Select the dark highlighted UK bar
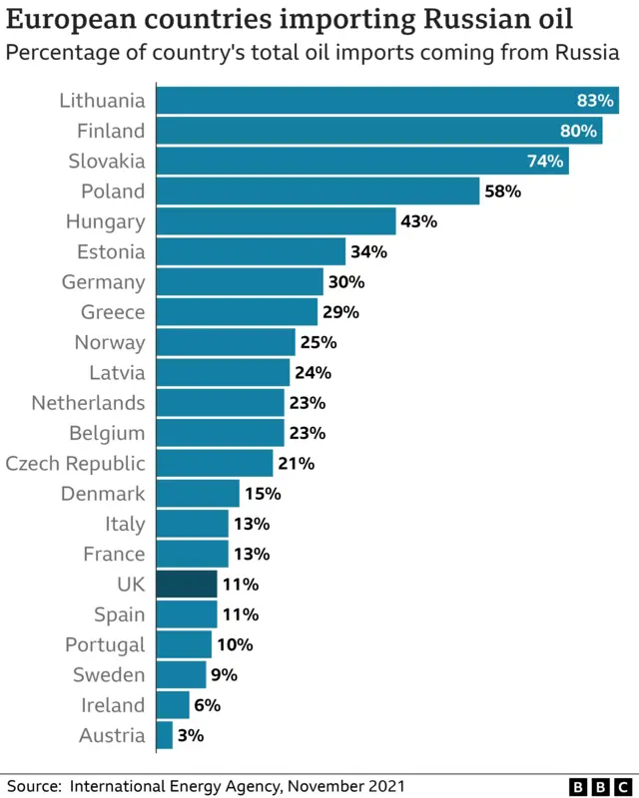click(187, 585)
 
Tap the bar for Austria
click(165, 736)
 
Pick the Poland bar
click(319, 192)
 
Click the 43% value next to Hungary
click(418, 221)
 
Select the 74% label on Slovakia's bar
click(545, 162)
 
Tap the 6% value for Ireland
click(207, 705)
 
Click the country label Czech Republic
click(75, 464)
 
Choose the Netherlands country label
click(88, 403)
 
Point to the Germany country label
click(103, 282)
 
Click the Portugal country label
click(105, 644)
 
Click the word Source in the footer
click(33, 786)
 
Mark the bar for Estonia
click(251, 251)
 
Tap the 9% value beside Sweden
click(224, 675)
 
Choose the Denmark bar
click(198, 494)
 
